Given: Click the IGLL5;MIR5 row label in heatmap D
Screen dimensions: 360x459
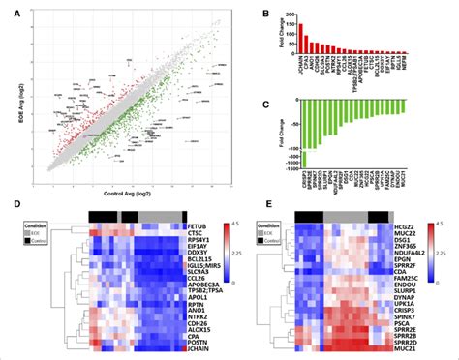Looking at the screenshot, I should coord(203,272).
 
